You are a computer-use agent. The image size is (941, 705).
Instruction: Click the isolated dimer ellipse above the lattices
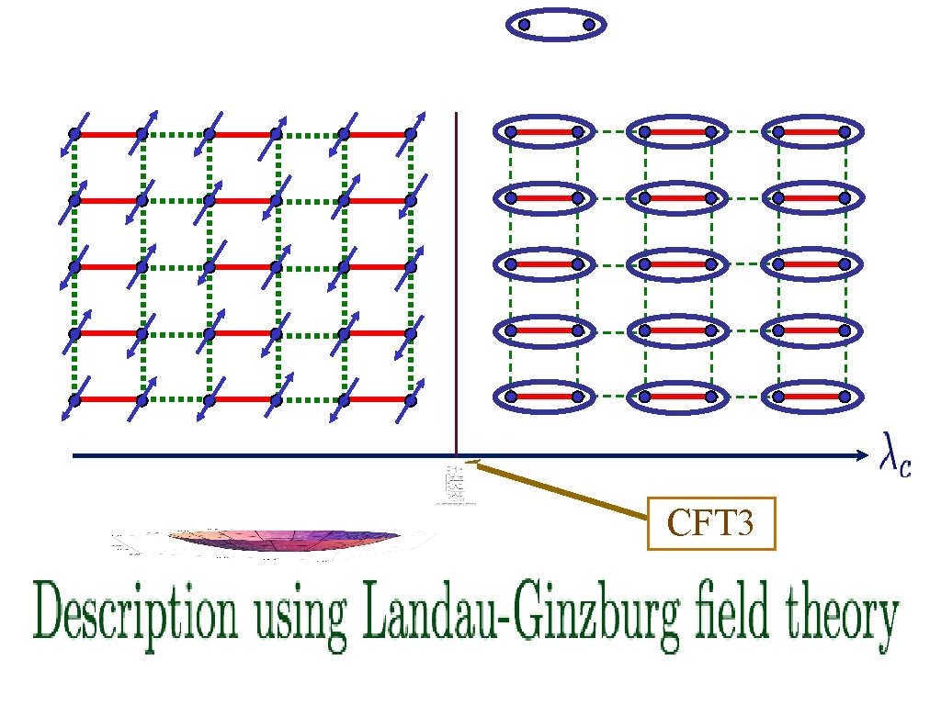pyautogui.click(x=557, y=25)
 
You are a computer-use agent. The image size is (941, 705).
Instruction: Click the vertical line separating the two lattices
pyautogui.click(x=457, y=275)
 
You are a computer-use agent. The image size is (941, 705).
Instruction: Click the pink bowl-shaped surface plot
pyautogui.click(x=284, y=542)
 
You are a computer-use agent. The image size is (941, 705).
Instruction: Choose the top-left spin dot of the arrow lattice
pyautogui.click(x=74, y=134)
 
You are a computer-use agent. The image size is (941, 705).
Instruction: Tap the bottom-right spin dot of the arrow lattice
pyautogui.click(x=411, y=400)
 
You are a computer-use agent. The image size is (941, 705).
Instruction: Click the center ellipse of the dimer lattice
pyautogui.click(x=677, y=264)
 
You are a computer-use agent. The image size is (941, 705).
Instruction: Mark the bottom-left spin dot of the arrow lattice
pyautogui.click(x=74, y=400)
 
